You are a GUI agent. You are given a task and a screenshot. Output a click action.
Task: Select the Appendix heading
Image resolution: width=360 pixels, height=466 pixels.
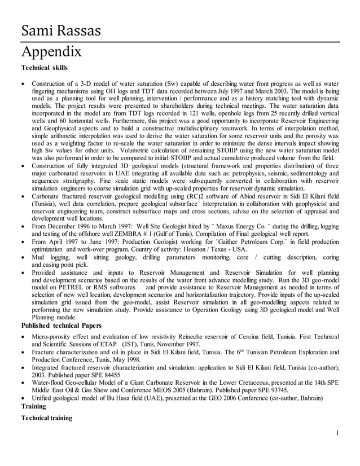click(51, 52)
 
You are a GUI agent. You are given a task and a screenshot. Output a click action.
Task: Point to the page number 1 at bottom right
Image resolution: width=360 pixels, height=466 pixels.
click(336, 433)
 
